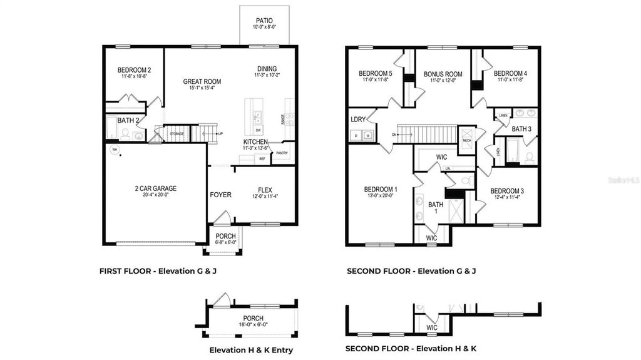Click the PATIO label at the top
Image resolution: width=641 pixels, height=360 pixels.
point(264,21)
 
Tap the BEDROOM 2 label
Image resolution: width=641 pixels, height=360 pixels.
point(133,70)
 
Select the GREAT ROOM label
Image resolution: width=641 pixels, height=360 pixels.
point(201,81)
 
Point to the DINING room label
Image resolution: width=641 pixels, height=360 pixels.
point(267,69)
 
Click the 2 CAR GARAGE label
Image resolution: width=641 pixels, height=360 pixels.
point(155,188)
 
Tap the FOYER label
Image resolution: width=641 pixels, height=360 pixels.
point(220,195)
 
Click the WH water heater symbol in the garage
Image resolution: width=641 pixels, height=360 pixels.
point(115,150)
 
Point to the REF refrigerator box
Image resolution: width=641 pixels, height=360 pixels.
point(262,159)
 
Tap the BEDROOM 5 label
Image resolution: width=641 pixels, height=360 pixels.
point(376,73)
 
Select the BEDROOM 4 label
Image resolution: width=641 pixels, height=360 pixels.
point(510,73)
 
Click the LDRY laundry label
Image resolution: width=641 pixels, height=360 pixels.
point(358,119)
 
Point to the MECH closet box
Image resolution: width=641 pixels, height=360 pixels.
point(466,141)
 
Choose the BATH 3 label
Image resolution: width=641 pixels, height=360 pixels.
point(521,129)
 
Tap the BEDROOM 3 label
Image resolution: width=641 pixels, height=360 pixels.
point(507,191)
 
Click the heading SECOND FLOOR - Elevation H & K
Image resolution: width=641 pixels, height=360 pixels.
point(412,348)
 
